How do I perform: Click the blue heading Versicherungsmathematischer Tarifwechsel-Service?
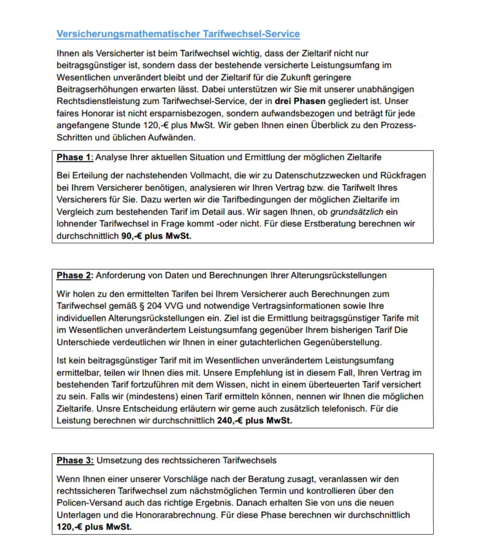tap(178, 33)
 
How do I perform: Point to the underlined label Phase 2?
tap(75, 274)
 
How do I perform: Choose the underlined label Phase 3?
tap(75, 460)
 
